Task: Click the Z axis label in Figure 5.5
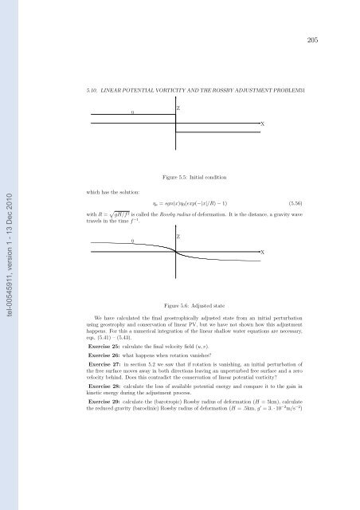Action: (178, 108)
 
